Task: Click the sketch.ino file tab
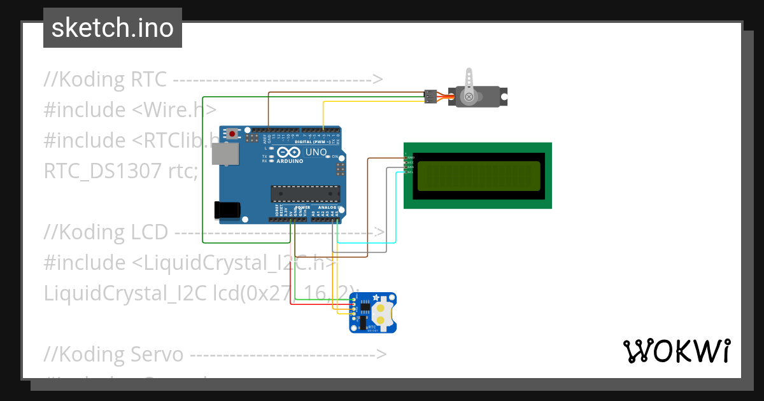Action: click(x=112, y=28)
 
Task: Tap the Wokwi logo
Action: click(x=676, y=351)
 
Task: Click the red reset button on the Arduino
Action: click(x=233, y=134)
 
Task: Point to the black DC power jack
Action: click(x=227, y=210)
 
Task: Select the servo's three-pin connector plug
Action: click(x=431, y=97)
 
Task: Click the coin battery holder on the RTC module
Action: click(x=381, y=313)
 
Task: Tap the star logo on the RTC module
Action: click(x=376, y=297)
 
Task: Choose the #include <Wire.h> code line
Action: click(x=130, y=109)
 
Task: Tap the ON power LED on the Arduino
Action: click(x=328, y=157)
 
